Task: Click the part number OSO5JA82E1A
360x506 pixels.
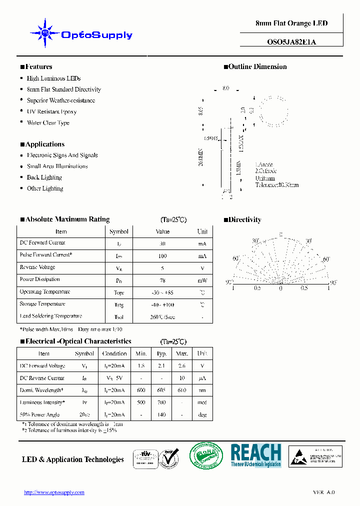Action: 291,42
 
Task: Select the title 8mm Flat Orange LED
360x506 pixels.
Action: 291,23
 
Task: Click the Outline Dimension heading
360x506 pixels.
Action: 257,66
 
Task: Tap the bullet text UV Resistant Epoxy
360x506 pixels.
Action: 51,111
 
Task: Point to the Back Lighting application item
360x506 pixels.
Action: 44,177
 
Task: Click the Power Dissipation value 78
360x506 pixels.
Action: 162,280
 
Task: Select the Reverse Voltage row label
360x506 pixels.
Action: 37,267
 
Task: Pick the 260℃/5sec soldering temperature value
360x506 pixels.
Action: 162,316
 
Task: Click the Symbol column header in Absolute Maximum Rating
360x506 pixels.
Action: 119,231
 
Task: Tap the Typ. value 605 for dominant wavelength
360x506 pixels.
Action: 161,390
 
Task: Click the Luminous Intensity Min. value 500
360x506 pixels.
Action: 141,402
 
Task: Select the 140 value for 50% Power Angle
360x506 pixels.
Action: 161,415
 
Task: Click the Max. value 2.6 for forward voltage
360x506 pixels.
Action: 181,366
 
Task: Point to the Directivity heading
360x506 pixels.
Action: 244,219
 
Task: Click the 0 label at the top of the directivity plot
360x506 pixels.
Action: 280,234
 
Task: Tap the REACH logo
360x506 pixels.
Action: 255,455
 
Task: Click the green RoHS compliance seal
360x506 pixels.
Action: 205,455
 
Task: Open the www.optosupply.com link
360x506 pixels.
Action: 54,492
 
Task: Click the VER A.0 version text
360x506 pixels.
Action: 324,492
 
